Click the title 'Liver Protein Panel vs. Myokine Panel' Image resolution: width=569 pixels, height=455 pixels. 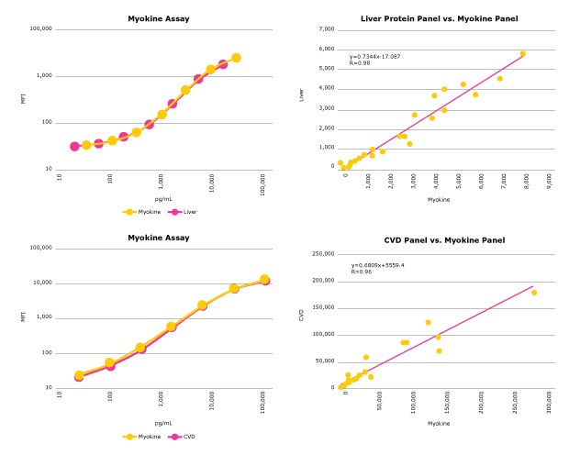[x=440, y=18]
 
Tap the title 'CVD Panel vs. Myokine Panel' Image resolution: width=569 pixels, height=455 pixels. [x=440, y=239]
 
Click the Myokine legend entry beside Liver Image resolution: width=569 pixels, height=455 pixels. [x=139, y=211]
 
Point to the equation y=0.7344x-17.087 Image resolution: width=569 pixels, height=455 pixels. [x=375, y=57]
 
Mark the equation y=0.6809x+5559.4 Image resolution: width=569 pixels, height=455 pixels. [x=377, y=265]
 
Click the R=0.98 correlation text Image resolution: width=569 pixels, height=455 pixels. [x=358, y=63]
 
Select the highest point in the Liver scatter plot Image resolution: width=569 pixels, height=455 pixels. [x=522, y=54]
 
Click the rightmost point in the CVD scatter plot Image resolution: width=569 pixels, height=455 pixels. [x=534, y=293]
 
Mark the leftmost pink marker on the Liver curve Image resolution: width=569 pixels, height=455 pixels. [x=74, y=146]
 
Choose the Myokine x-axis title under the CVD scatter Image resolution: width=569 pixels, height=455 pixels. [x=440, y=423]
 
